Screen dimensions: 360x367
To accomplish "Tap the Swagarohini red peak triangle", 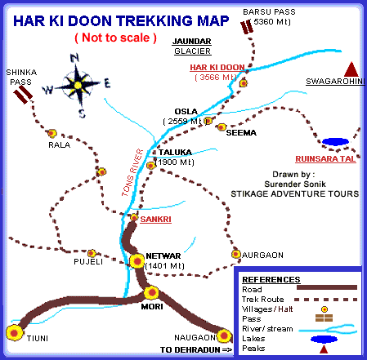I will [351, 68].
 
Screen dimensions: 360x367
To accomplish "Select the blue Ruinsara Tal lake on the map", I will [336, 142].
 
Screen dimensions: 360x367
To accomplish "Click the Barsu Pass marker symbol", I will [248, 27].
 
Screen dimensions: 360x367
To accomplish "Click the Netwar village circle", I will [137, 260].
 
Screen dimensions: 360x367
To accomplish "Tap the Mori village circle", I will [150, 291].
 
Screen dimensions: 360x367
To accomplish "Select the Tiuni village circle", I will [13, 331].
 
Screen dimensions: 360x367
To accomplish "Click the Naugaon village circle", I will [224, 333].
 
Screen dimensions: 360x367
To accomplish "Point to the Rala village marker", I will [52, 133].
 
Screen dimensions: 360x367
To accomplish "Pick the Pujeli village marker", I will [92, 253].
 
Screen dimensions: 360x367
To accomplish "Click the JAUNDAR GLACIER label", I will [195, 45].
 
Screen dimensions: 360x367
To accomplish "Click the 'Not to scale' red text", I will [114, 38].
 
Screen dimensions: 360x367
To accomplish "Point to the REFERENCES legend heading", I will [271, 279].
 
